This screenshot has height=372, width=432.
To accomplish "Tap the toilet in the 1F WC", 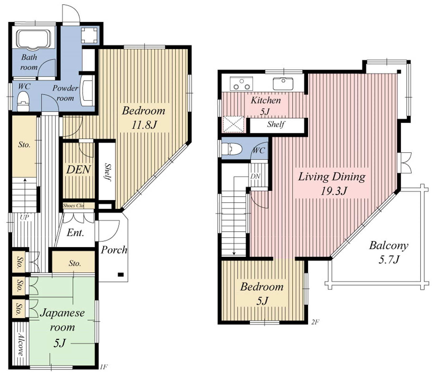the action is [23, 101].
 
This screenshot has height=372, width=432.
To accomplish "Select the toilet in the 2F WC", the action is [232, 149].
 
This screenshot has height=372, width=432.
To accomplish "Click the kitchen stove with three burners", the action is [241, 84].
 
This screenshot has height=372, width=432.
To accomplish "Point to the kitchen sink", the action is [283, 84].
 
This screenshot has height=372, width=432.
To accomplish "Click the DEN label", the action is [79, 170].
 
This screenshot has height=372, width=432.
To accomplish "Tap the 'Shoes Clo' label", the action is [73, 205].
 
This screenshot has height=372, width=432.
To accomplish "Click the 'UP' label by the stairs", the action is [24, 217].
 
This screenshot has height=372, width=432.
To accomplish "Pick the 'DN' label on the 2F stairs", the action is [255, 176].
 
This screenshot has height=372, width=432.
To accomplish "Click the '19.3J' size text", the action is [333, 191].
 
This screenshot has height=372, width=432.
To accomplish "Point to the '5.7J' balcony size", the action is [389, 259].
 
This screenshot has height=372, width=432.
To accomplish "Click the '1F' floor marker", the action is [104, 367].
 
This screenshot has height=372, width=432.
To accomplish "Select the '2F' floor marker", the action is [315, 322].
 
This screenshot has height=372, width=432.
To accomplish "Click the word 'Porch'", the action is [114, 250].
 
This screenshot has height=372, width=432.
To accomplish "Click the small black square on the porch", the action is [121, 275].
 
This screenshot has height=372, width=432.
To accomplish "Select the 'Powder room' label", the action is [65, 93].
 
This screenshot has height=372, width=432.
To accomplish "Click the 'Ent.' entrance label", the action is [75, 233].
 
